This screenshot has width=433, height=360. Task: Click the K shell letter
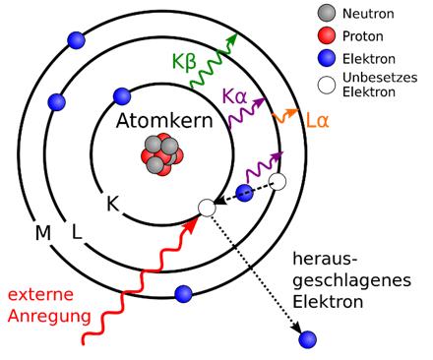tap(114, 205)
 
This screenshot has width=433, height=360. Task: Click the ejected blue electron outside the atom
tap(308, 340)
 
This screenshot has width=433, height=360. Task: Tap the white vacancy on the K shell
tap(206, 207)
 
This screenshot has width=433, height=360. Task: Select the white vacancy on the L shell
tap(278, 182)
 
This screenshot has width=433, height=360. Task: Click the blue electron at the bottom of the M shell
tap(182, 292)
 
